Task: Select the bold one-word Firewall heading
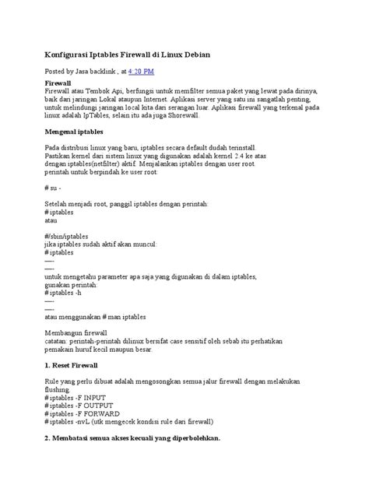pos(58,82)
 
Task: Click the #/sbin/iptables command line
pos(66,235)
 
